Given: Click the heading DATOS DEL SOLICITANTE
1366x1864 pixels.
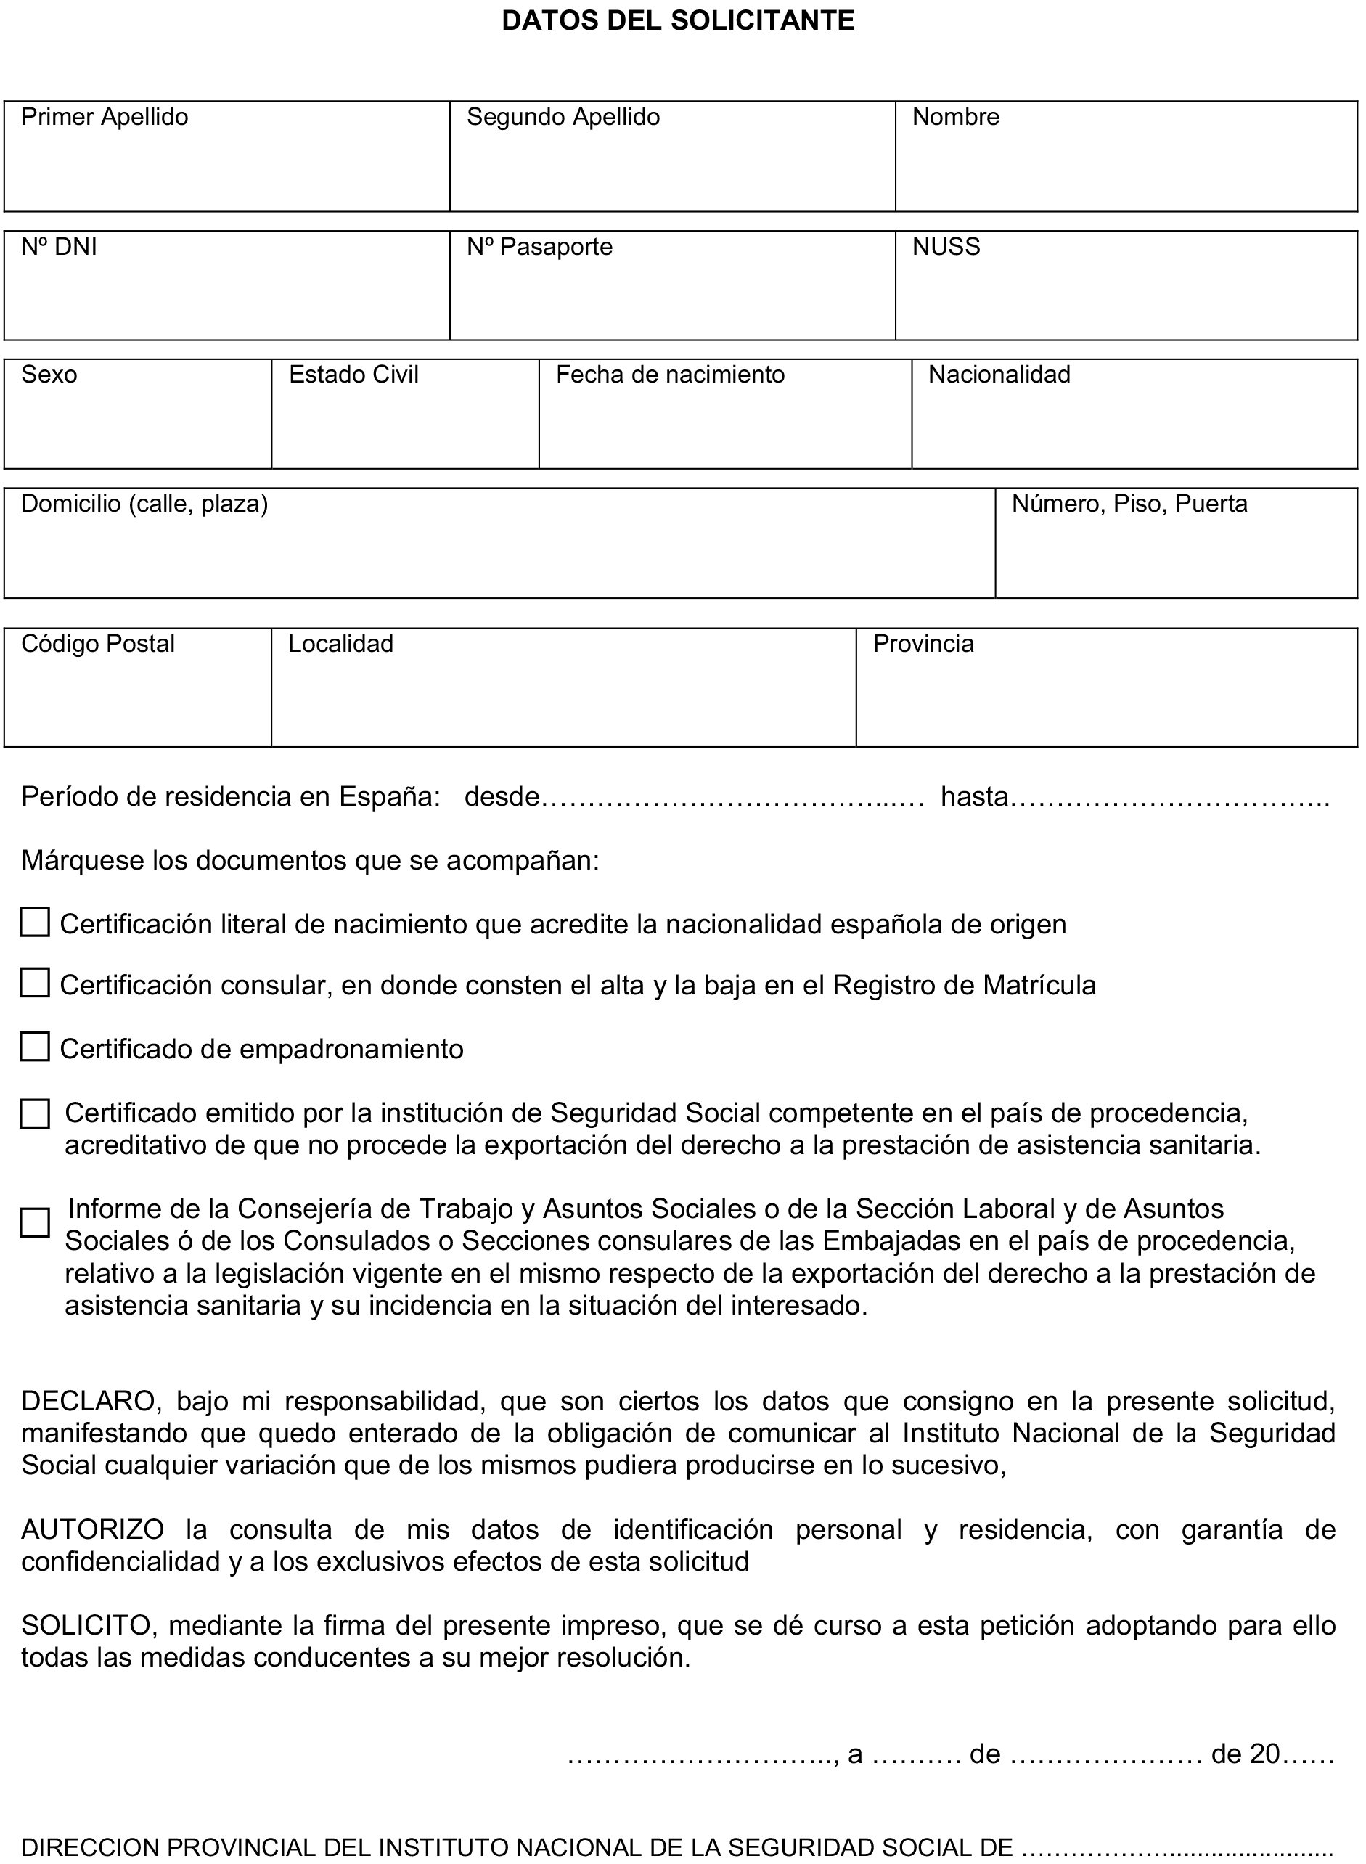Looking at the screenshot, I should [678, 20].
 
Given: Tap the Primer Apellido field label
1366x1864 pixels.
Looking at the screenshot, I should [105, 118].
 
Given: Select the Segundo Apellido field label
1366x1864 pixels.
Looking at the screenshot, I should [563, 118].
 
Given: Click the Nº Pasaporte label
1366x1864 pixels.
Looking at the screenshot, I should [539, 248].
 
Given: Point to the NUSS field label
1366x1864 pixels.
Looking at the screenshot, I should [945, 248].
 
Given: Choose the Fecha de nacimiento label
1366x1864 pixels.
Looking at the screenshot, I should [670, 375].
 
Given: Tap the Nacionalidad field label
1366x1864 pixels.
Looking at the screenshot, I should [999, 375].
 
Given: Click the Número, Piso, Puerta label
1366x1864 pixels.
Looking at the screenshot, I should [1129, 504].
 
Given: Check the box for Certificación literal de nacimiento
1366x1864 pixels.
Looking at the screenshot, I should [35, 923].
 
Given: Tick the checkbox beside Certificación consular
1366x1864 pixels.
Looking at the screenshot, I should [35, 984].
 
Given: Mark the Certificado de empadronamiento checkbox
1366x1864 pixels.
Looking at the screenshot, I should [35, 1047].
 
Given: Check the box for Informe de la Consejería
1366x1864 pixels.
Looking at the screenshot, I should [35, 1223].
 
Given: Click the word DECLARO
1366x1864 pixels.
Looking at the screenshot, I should [88, 1402].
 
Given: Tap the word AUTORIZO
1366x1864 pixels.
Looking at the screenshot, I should [93, 1531].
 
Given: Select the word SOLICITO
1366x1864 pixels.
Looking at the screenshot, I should [88, 1626].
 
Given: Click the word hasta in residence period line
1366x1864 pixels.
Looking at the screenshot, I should [974, 797].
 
